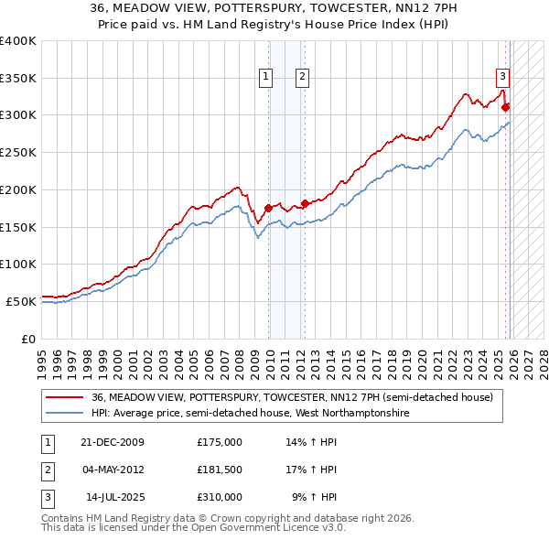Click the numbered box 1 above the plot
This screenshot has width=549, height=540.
(265, 78)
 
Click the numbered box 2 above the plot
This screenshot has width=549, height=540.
(301, 78)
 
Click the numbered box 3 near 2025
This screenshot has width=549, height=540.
(502, 77)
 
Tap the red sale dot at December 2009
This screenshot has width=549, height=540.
(269, 208)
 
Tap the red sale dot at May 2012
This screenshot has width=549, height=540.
(305, 203)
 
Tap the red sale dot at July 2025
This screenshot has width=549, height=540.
(506, 107)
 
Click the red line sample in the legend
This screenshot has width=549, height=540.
(65, 398)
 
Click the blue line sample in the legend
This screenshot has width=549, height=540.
(65, 414)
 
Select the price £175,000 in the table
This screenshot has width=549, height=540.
(220, 442)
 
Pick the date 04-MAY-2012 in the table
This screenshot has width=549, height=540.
(113, 470)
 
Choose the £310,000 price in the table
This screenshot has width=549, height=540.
(220, 497)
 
